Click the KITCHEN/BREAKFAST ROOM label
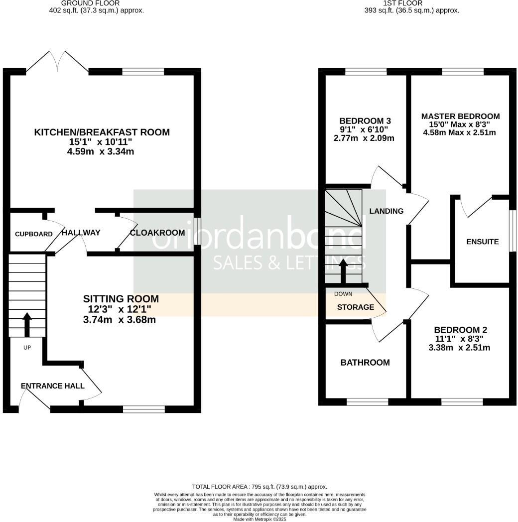coord(102,132)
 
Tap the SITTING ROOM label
coord(121,299)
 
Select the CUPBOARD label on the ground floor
coord(33,234)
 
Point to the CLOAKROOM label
coord(157,233)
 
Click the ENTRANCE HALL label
coord(53,386)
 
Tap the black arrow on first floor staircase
coord(343,270)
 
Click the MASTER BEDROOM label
coord(460,116)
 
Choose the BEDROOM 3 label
coord(365,121)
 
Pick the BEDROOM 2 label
coord(460,330)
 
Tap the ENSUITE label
coord(482,242)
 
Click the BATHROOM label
coord(365,363)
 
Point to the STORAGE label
coord(355,307)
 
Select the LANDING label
coord(386,211)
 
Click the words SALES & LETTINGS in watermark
coord(289,263)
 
